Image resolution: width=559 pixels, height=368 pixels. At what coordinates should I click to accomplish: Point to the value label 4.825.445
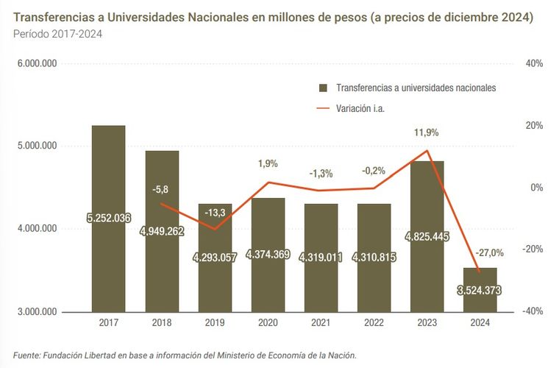[x=427, y=237]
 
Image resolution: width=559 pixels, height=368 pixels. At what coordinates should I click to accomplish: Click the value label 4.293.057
[x=215, y=258]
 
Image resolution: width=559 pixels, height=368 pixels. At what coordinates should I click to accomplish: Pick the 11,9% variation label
[x=426, y=132]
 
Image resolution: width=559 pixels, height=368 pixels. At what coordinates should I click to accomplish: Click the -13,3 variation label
[x=215, y=213]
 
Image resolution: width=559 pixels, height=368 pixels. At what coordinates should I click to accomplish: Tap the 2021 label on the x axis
[x=321, y=322]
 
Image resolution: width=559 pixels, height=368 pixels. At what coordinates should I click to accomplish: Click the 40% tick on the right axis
[x=534, y=64]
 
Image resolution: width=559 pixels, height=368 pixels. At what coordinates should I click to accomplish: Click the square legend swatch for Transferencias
[x=322, y=88]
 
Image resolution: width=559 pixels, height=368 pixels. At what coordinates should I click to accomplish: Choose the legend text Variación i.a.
[x=361, y=108]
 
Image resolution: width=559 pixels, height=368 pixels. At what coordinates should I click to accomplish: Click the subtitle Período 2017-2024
[x=57, y=34]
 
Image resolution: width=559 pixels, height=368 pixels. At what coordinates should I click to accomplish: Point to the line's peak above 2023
[x=427, y=151]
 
